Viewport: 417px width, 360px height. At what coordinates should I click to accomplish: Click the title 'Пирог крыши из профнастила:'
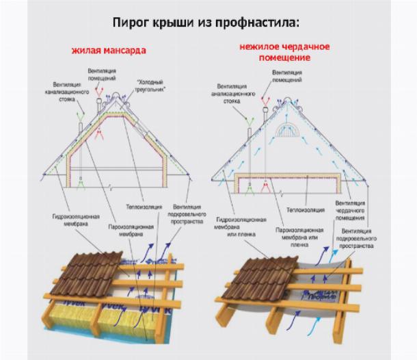click(206, 23)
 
